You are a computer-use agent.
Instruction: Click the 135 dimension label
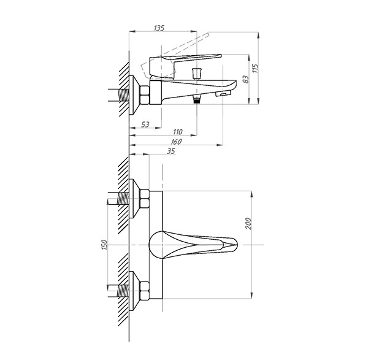click(159, 28)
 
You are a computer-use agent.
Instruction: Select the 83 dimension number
click(245, 79)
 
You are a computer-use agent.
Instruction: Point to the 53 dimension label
click(145, 124)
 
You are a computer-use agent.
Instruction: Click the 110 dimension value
click(177, 132)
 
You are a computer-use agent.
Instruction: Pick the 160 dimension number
click(176, 142)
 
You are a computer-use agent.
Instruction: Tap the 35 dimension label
click(171, 151)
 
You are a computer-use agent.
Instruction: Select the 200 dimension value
click(248, 224)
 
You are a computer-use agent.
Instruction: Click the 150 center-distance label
click(104, 245)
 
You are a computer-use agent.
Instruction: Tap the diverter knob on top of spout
click(197, 74)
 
